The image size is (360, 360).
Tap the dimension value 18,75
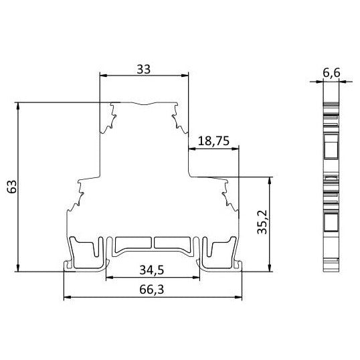(x=214, y=141)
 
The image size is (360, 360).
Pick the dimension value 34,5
(x=152, y=270)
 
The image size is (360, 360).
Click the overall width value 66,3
(x=152, y=289)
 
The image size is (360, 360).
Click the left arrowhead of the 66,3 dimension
(x=66, y=296)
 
